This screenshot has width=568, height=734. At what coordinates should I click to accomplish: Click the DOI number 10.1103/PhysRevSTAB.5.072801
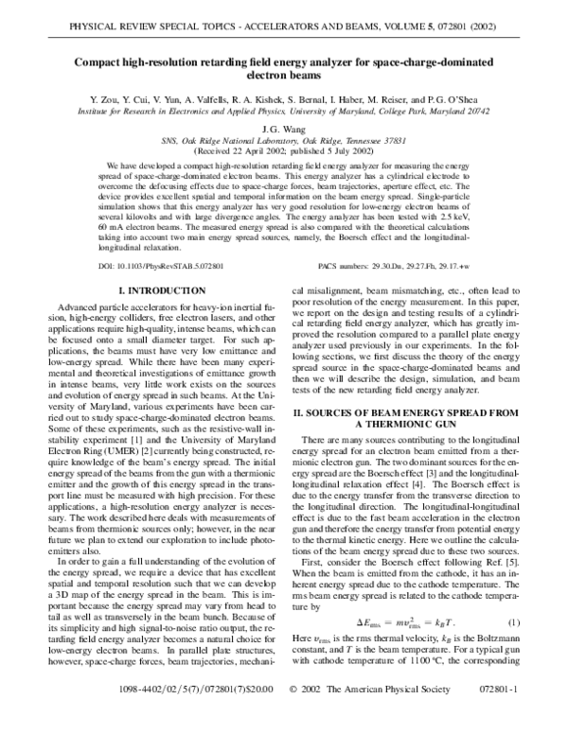176,268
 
